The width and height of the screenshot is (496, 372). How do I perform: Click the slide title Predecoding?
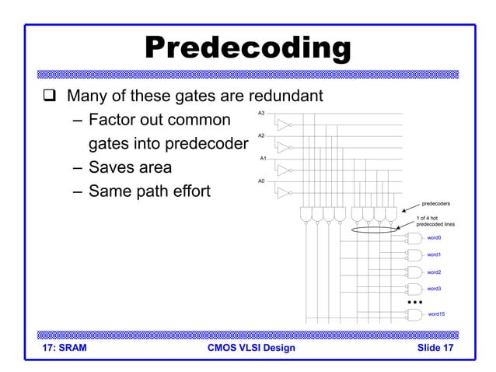coord(248,48)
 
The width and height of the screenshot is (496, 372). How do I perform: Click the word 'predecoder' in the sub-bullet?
coord(208,144)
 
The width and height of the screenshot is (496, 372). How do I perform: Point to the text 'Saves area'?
coord(130,167)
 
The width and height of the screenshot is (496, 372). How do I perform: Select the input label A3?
coord(261,114)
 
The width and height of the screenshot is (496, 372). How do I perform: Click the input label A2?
coord(261,136)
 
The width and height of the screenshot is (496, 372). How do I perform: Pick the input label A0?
coord(261,181)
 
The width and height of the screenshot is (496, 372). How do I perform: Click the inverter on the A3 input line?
coord(285,125)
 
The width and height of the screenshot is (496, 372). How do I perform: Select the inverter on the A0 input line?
coord(285,192)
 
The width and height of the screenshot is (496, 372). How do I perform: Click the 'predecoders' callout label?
coord(435,204)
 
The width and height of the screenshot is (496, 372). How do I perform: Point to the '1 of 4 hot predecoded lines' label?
coord(435,221)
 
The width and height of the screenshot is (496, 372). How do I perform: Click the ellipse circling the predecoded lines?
coord(375,230)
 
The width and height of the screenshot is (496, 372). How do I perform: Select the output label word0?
coord(434,238)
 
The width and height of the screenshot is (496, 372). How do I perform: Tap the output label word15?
coord(436,314)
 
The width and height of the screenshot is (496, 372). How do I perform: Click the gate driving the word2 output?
coord(414,272)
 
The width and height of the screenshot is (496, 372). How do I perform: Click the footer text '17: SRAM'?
coord(63,348)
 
